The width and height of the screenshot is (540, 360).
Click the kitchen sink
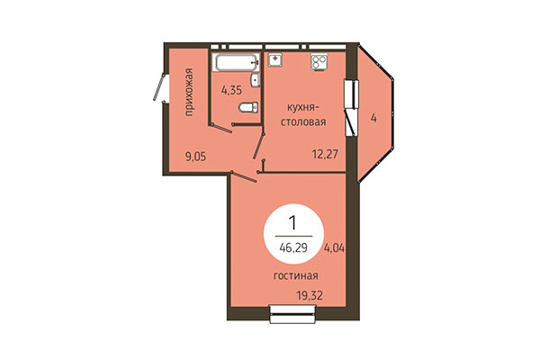(275, 61)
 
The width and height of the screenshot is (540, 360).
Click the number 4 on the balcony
(371, 117)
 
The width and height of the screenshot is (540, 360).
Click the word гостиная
(297, 276)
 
